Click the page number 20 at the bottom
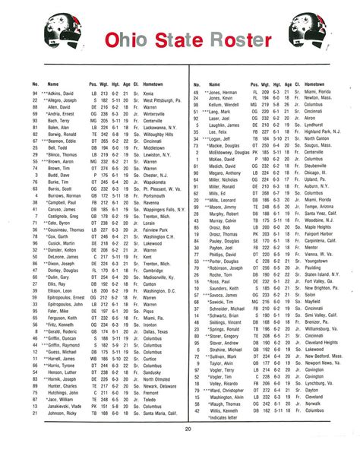[186, 429]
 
